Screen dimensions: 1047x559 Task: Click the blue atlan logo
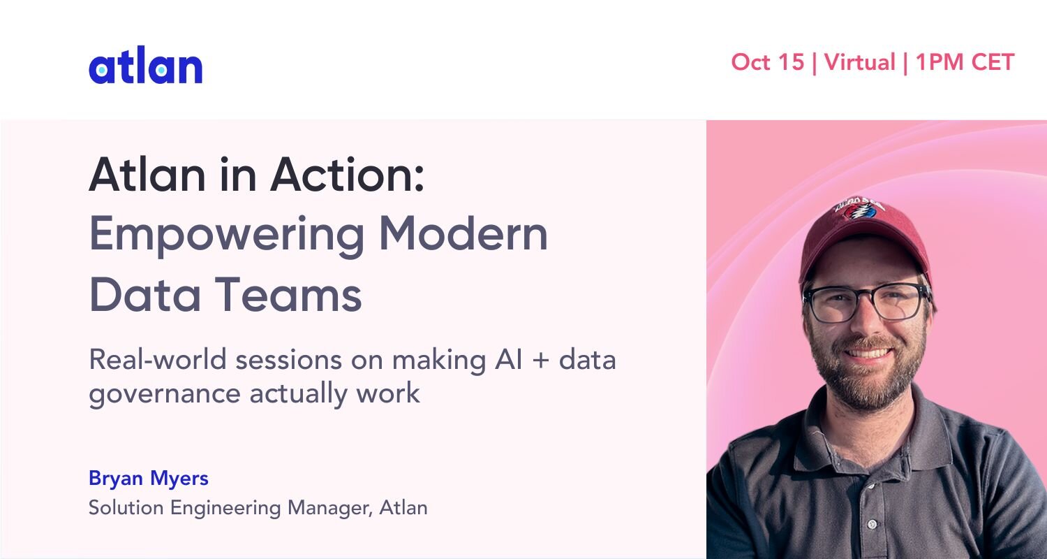145,66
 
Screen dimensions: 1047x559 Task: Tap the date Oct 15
768,62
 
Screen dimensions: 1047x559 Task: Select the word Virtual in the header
859,62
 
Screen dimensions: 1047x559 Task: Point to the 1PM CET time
965,62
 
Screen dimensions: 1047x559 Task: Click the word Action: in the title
348,175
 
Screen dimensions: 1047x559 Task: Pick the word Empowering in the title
226,235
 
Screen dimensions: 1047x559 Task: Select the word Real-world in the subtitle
158,360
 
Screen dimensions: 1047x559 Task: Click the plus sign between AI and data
541,361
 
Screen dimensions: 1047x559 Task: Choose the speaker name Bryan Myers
149,479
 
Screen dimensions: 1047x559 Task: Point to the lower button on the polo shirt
872,524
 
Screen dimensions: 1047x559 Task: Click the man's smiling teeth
868,353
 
